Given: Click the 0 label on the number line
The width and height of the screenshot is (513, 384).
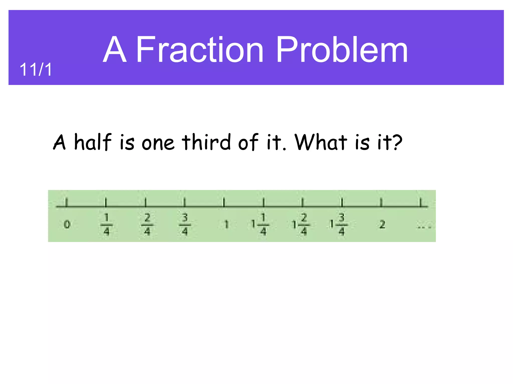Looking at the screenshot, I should tap(67, 224).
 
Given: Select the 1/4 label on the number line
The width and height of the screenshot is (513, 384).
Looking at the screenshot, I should tap(106, 224).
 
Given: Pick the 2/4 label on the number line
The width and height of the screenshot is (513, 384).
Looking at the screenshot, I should tap(147, 224).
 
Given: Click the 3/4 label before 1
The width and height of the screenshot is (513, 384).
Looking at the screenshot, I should tap(185, 224).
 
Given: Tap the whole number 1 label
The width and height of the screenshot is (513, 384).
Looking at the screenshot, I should tap(226, 224).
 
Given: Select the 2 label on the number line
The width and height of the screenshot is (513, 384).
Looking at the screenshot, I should tap(382, 224).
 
